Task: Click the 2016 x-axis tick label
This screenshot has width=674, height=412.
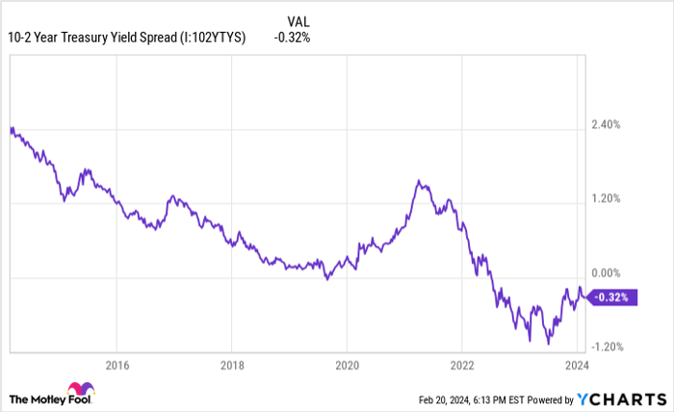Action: click(116, 365)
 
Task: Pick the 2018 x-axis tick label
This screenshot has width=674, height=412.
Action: click(231, 365)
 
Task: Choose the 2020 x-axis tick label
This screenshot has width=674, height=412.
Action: click(347, 365)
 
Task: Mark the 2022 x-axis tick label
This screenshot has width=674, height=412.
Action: click(462, 365)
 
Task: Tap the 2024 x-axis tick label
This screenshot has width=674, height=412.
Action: click(577, 365)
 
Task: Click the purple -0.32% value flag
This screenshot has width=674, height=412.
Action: click(612, 297)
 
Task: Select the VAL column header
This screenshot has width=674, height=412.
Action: click(298, 19)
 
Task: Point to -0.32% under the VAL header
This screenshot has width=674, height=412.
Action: click(292, 38)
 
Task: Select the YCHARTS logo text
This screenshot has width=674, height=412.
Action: click(626, 399)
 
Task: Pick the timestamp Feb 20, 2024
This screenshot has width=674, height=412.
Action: click(450, 399)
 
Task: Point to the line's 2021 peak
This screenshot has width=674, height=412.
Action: click(419, 180)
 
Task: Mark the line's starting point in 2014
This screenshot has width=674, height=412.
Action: click(10, 128)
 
